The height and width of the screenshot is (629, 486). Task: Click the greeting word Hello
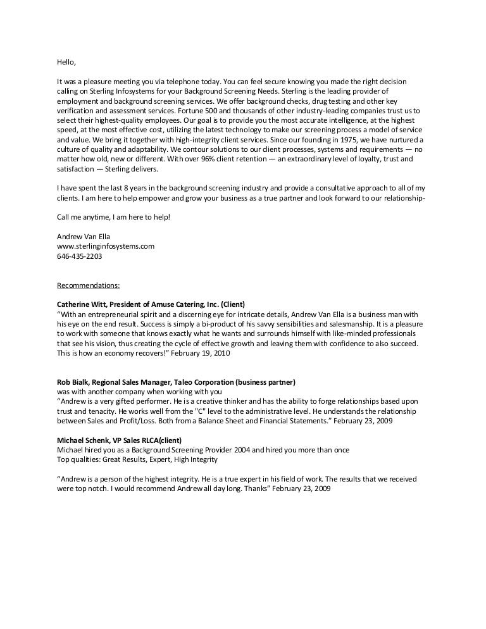[x=66, y=63]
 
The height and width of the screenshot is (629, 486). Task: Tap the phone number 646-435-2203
[x=80, y=257]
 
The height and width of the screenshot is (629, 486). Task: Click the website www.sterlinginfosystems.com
[x=106, y=247]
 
